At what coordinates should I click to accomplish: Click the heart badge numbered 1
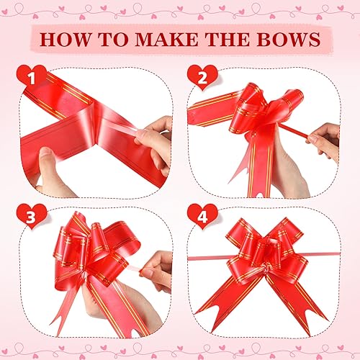click(31, 76)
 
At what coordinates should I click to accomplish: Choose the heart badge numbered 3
click(31, 214)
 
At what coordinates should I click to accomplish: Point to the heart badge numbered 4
click(199, 214)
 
